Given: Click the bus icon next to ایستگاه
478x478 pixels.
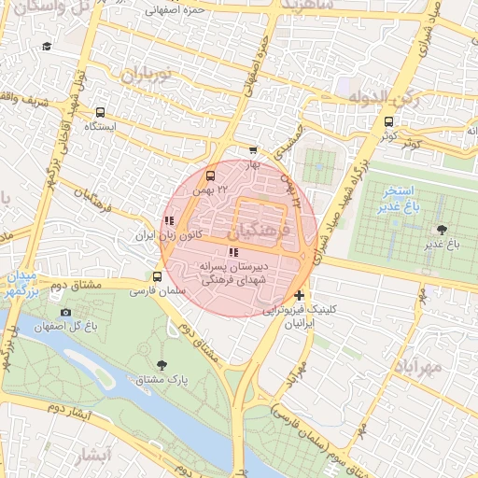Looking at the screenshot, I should tap(100, 112).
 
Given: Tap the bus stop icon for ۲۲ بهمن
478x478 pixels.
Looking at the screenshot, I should tap(209, 175).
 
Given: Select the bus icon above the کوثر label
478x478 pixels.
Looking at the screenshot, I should tap(388, 120).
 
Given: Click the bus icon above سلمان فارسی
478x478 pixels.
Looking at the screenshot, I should tap(157, 276).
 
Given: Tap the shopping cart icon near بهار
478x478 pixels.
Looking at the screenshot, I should tap(253, 149).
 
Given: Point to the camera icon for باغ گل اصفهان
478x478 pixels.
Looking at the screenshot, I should tap(64, 312).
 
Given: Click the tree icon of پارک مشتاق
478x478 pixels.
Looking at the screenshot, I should tap(162, 365).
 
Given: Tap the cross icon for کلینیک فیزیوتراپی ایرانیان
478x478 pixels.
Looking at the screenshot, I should tap(298, 295).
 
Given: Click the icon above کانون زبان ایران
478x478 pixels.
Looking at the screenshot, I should tap(168, 221).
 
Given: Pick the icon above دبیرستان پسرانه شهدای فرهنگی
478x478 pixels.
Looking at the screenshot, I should tap(232, 252).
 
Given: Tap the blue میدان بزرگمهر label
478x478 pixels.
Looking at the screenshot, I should tap(21, 286).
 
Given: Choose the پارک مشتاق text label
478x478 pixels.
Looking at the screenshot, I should tap(170, 380).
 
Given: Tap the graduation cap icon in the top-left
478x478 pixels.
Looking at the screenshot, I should tap(47, 46).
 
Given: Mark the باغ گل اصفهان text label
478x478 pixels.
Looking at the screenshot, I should tap(64, 327).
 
